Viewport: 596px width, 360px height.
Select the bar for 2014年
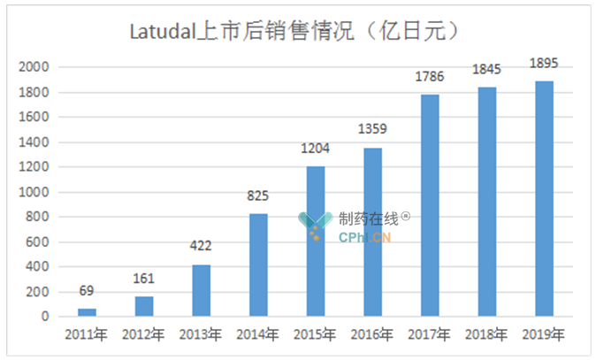(x=258, y=264)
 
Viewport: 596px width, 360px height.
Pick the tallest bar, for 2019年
(x=543, y=198)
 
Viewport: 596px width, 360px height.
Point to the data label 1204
(x=316, y=149)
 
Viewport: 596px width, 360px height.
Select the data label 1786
(x=429, y=77)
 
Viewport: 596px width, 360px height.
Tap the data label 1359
(x=372, y=130)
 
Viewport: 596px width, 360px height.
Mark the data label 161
(x=144, y=279)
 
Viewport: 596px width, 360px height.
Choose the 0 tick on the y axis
(x=45, y=317)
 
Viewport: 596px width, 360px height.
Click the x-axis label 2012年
(x=143, y=335)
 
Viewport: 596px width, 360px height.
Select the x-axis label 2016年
(x=372, y=335)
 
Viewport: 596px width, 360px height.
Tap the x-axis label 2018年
(x=486, y=335)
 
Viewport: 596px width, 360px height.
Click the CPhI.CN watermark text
(x=364, y=237)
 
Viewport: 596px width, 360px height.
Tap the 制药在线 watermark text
(x=368, y=218)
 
